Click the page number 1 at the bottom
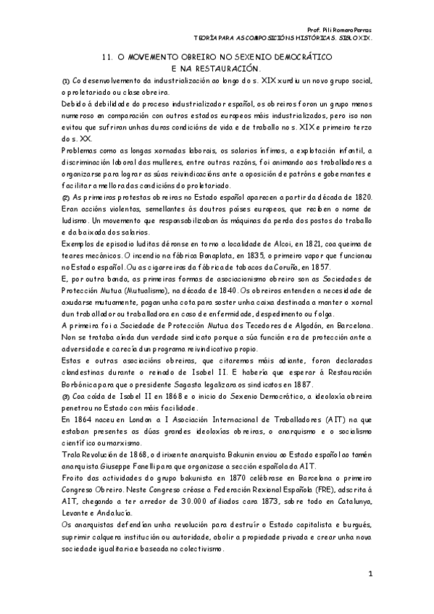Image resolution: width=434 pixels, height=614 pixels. click(370, 575)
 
